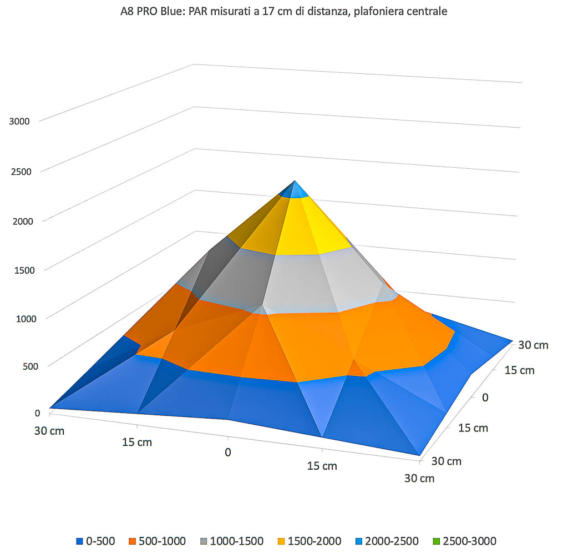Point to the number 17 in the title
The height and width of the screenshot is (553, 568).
click(262, 11)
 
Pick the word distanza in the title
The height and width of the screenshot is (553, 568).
click(330, 11)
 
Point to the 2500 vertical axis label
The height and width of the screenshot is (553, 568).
click(19, 171)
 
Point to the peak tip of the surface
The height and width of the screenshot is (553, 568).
click(295, 181)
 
